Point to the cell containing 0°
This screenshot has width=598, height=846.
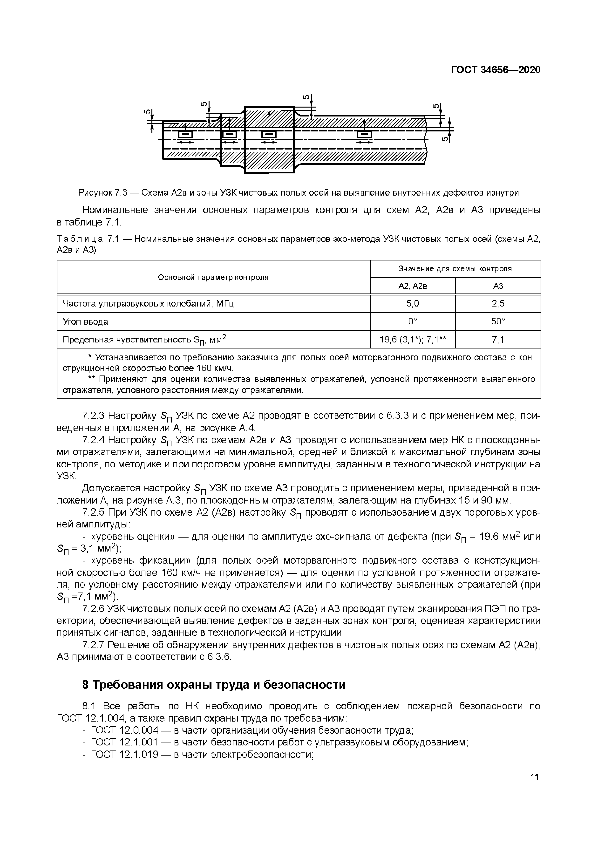pos(412,321)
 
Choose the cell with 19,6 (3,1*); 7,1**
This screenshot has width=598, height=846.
pos(412,339)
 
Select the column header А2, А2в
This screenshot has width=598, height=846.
pos(412,286)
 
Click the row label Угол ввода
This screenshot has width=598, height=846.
pos(86,321)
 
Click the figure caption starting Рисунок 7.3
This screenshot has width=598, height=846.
pos(299,192)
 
